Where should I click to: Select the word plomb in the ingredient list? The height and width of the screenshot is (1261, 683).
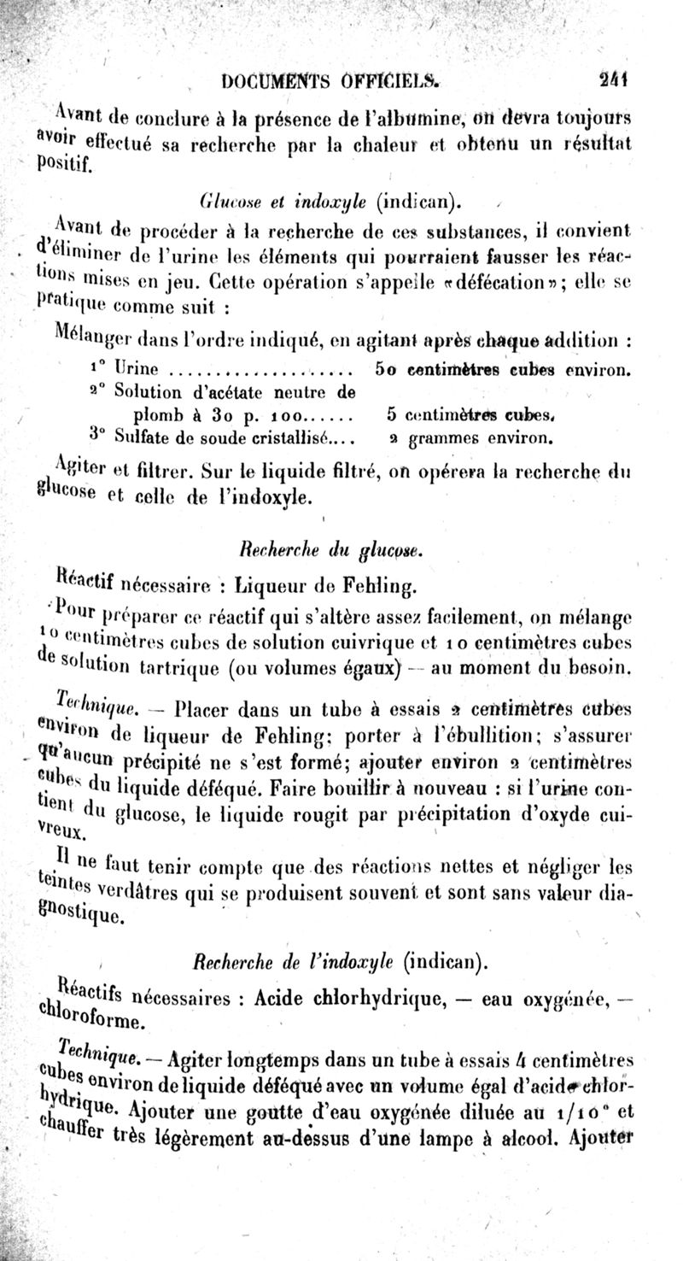(x=141, y=416)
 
